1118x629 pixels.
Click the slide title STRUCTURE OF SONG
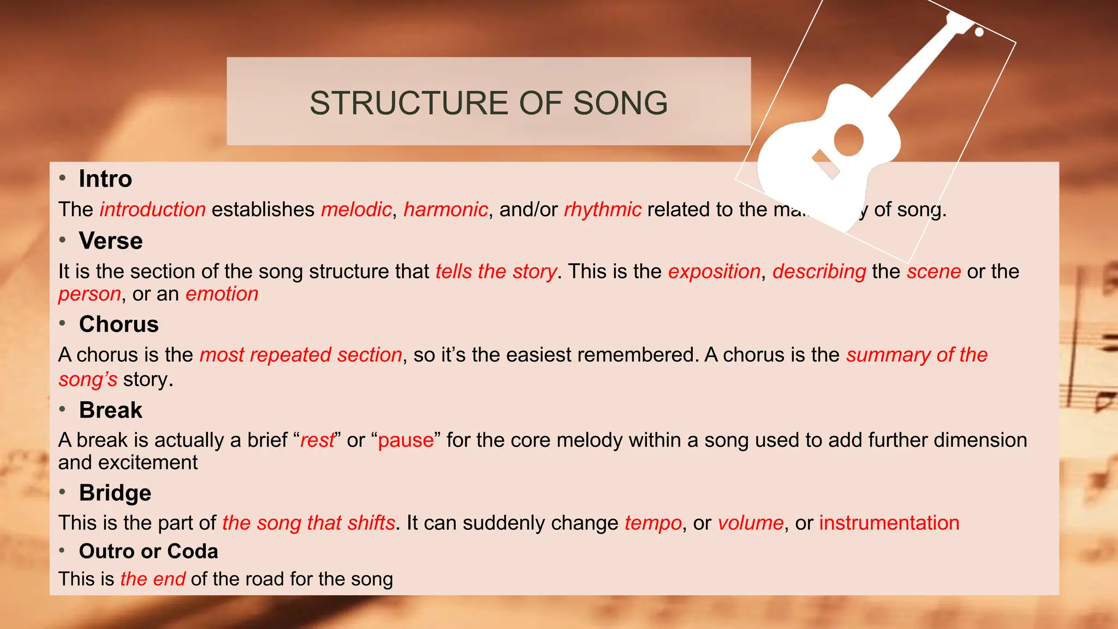[x=489, y=103]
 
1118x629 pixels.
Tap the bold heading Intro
[x=105, y=179]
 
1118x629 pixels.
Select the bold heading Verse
[x=111, y=241]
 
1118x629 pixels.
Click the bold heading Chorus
[x=119, y=324]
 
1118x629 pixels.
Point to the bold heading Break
[x=111, y=410]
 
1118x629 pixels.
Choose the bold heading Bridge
[x=115, y=492]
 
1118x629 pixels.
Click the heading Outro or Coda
[x=148, y=551]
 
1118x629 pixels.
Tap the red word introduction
[x=152, y=210]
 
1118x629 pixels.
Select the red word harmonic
[x=445, y=210]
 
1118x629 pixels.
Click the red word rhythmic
[x=603, y=210]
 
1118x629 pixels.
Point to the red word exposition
[x=714, y=271]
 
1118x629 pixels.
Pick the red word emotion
[x=222, y=294]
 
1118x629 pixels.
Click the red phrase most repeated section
[x=301, y=355]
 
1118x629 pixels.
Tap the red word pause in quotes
[x=406, y=440]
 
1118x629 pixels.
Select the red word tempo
[x=653, y=523]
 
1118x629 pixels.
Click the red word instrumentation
[x=889, y=523]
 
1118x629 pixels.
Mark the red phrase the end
[x=153, y=579]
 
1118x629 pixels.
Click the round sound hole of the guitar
[x=848, y=140]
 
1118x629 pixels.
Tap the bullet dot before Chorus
[x=63, y=323]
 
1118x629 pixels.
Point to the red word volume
[x=751, y=523]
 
